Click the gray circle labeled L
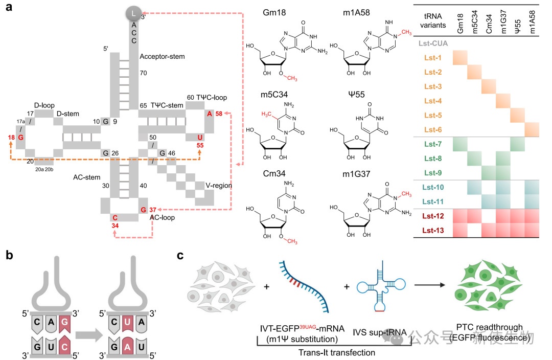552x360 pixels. point(133,12)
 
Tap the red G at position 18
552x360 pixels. point(21,138)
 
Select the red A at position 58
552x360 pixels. point(210,114)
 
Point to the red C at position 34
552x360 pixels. point(115,218)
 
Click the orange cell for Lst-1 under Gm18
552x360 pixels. point(461,58)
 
